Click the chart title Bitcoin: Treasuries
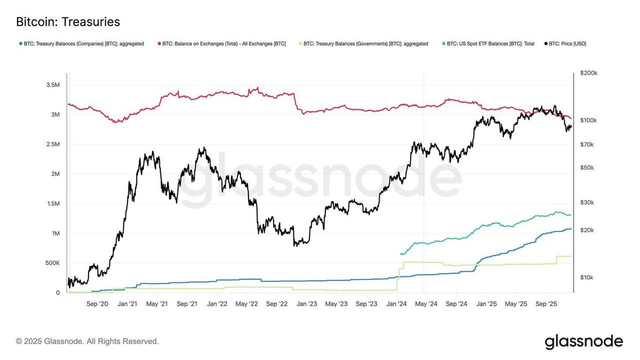click(68, 22)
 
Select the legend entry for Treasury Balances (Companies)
click(81, 44)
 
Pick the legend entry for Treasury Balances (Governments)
click(362, 44)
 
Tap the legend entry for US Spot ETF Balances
click(488, 44)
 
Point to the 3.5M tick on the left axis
click(53, 85)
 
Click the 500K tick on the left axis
click(52, 263)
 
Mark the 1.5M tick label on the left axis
click(53, 204)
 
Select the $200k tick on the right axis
click(589, 73)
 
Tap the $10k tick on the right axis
click(587, 277)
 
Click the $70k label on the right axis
click(587, 145)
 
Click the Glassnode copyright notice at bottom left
click(87, 341)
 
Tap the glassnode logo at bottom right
click(583, 341)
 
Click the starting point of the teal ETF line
click(400, 254)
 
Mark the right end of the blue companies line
click(571, 229)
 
